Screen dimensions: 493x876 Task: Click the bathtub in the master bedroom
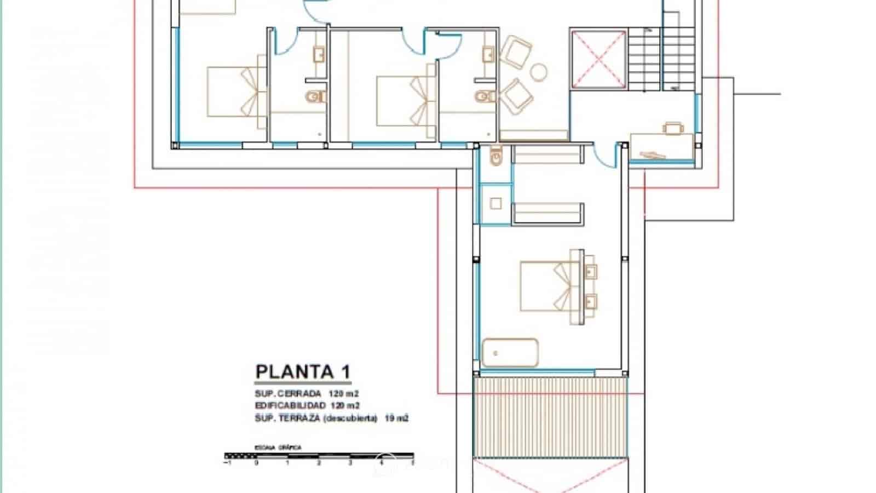tap(510, 353)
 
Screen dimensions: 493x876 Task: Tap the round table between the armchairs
tap(539, 71)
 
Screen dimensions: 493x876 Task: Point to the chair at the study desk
tap(673, 128)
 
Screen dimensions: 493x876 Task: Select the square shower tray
tap(495, 204)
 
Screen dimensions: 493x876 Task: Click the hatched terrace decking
tap(550, 416)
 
